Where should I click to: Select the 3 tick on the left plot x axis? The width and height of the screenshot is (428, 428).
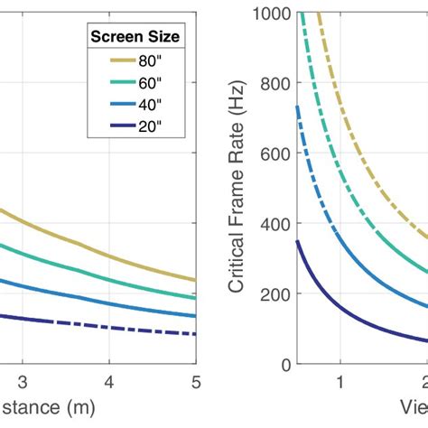pyautogui.click(x=24, y=381)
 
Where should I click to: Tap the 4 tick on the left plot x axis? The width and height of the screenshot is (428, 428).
pyautogui.click(x=109, y=381)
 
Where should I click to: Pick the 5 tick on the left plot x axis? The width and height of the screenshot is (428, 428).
pyautogui.click(x=195, y=381)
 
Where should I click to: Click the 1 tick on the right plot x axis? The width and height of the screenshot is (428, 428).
pyautogui.click(x=340, y=381)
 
